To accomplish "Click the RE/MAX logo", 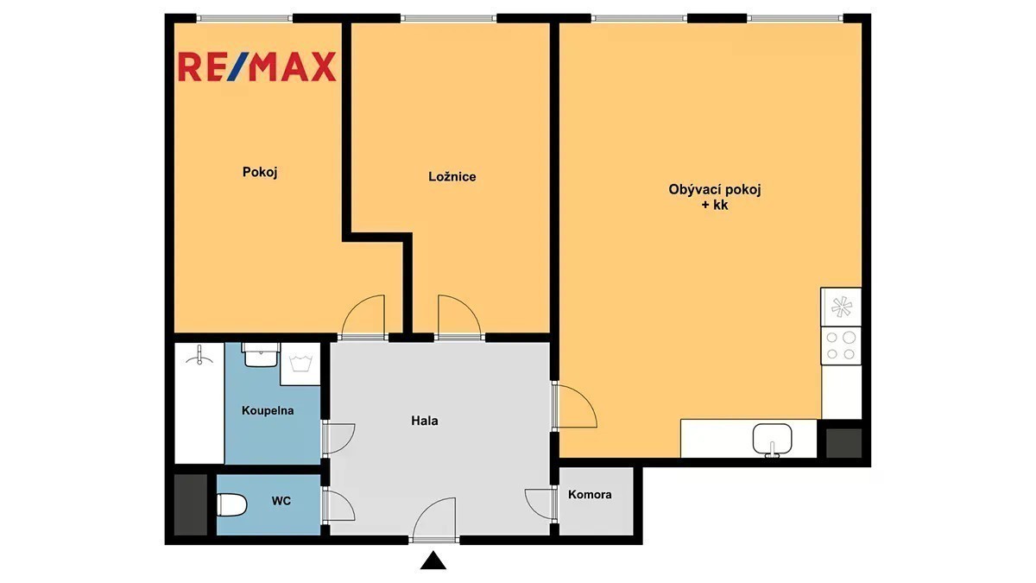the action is [x=257, y=67].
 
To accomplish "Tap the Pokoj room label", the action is [x=260, y=172].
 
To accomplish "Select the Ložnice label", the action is [x=452, y=176].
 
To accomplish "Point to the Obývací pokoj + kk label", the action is [x=715, y=197].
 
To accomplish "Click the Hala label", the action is [x=425, y=421].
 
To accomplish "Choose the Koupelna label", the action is [x=268, y=410].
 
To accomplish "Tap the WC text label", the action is [x=281, y=501].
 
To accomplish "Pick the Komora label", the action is [x=590, y=494].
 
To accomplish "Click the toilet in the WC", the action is [x=231, y=504].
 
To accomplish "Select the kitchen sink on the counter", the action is [x=772, y=440].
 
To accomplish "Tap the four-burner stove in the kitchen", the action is [x=841, y=345].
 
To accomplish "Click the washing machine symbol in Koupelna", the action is [x=300, y=364].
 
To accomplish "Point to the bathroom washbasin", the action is [x=261, y=354].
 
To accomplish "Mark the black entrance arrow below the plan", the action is [x=433, y=560].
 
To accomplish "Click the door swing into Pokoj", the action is [x=364, y=315].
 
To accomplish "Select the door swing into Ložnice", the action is [x=459, y=315].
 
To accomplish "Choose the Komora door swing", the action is [x=540, y=504].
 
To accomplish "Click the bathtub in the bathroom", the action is [x=199, y=403].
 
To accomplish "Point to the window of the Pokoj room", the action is [x=244, y=18].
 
